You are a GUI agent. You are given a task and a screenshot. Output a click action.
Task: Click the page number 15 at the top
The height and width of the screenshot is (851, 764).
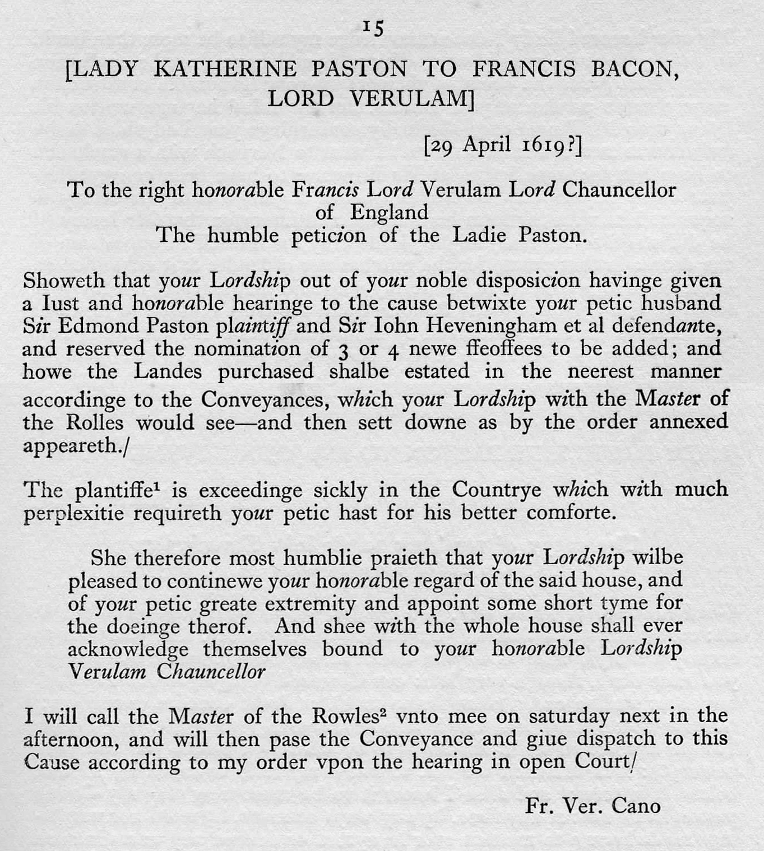pos(373,27)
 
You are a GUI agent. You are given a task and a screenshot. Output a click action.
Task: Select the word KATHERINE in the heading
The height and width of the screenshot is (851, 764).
pos(225,69)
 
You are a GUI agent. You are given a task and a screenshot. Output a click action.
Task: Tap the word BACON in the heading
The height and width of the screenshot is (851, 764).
pos(634,69)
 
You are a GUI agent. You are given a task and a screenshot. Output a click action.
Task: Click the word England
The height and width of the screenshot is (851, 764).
pos(389,212)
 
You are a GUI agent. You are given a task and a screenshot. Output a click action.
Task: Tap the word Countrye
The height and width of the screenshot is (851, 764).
pos(497,490)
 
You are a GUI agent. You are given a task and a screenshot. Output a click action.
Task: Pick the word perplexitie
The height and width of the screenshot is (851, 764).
pos(73,513)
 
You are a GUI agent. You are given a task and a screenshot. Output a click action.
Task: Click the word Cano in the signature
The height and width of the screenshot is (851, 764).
pos(636,806)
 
